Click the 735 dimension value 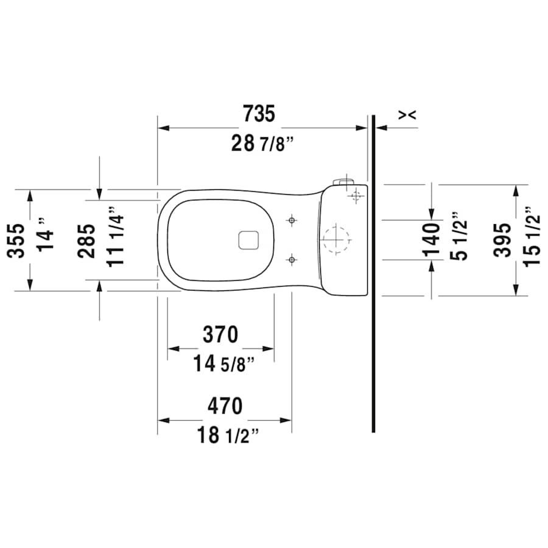click(259, 114)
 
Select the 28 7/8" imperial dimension click(262, 144)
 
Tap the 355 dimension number click(17, 240)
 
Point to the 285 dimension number click(86, 240)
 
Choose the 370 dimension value click(220, 334)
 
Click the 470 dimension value click(225, 406)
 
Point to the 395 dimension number click(503, 240)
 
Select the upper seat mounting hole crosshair click(293, 220)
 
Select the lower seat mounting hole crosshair click(293, 260)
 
